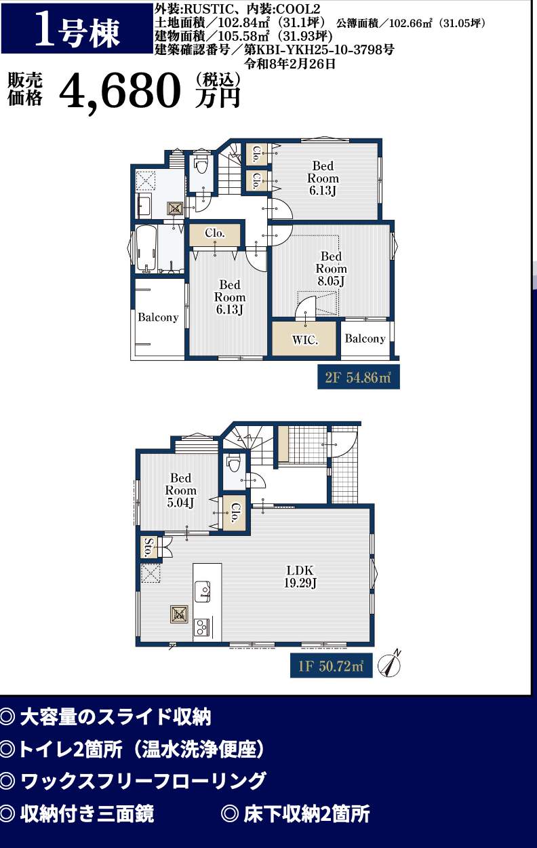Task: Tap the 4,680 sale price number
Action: point(119,91)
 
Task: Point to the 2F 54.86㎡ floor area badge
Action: point(359,377)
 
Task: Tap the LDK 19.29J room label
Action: point(300,577)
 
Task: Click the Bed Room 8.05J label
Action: point(331,269)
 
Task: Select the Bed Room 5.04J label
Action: point(180,490)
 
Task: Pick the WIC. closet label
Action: point(304,340)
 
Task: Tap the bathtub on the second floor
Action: point(146,249)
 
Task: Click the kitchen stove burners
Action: point(201,627)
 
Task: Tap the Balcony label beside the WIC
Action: point(365,339)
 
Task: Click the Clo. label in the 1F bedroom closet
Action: point(235,513)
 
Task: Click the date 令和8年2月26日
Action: point(290,64)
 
